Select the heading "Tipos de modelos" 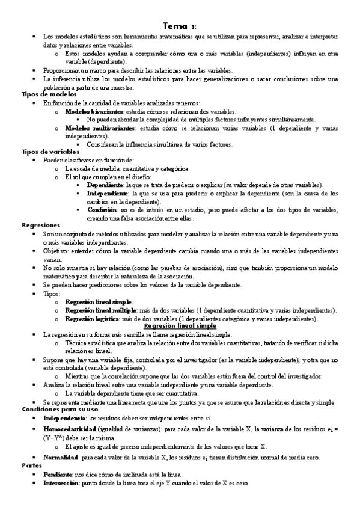pos(49,95)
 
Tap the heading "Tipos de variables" pos(50,152)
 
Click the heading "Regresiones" pos(41,225)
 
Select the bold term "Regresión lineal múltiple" pos(100,310)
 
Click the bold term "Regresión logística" pos(91,318)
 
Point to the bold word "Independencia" pos(64,417)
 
